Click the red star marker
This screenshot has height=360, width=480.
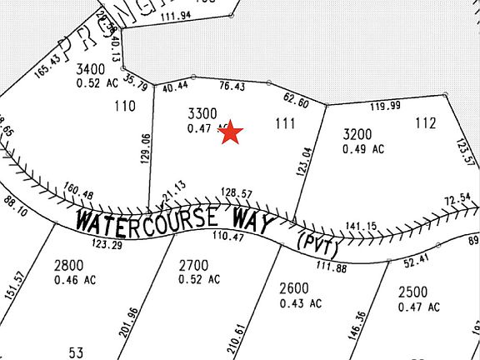[x=231, y=132]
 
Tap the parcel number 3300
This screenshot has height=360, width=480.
[x=202, y=113]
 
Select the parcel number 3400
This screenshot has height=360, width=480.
[x=90, y=68]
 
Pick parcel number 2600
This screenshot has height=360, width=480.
[x=294, y=288]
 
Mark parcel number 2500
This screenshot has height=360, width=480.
[x=412, y=292]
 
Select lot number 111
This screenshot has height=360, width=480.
[x=285, y=123]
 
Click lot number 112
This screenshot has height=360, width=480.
[x=425, y=123]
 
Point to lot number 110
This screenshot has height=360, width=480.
[x=125, y=105]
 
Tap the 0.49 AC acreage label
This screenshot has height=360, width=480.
[x=363, y=149]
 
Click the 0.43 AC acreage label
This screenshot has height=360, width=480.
[x=300, y=303]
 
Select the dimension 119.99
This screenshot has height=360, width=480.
[x=385, y=105]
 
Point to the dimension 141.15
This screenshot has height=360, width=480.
[x=361, y=226]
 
